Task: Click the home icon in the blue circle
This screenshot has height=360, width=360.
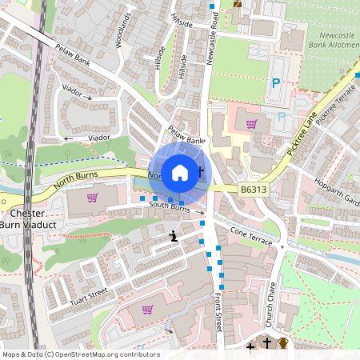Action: pyautogui.click(x=180, y=171)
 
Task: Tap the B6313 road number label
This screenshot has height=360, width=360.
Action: pyautogui.click(x=254, y=190)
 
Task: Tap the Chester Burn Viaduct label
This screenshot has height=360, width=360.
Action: pyautogui.click(x=30, y=220)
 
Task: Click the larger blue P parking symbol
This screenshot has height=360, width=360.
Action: pyautogui.click(x=276, y=82)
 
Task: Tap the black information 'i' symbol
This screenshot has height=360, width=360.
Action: pyautogui.click(x=174, y=236)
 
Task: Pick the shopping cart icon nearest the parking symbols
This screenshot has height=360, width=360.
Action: pyautogui.click(x=251, y=124)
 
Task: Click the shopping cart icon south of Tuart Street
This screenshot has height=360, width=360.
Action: pyautogui.click(x=146, y=309)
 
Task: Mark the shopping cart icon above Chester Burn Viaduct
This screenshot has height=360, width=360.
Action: pyautogui.click(x=92, y=197)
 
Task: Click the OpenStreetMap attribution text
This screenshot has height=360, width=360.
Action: pyautogui.click(x=80, y=354)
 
